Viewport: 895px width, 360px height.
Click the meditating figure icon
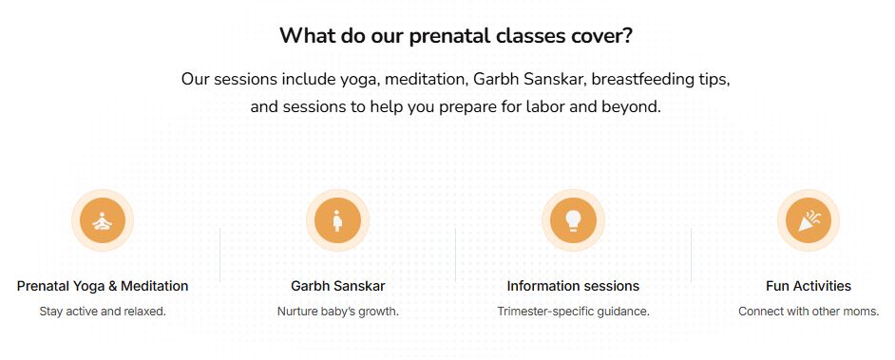pos(103,221)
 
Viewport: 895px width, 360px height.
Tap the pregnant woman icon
pos(338,221)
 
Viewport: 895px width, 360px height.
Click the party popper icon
pos(809,221)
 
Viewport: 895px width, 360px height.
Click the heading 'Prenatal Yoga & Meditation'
pos(103,286)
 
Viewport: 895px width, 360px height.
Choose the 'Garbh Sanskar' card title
pos(338,286)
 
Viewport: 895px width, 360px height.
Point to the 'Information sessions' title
pos(573,286)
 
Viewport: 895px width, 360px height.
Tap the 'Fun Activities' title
pos(809,286)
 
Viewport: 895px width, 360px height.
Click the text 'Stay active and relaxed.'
pos(103,311)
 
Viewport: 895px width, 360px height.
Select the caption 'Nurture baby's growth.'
pos(338,311)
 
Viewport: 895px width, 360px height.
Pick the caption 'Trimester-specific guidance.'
pos(573,311)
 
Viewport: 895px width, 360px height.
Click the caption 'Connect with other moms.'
pos(809,311)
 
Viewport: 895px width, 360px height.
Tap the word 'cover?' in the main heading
pos(600,36)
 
